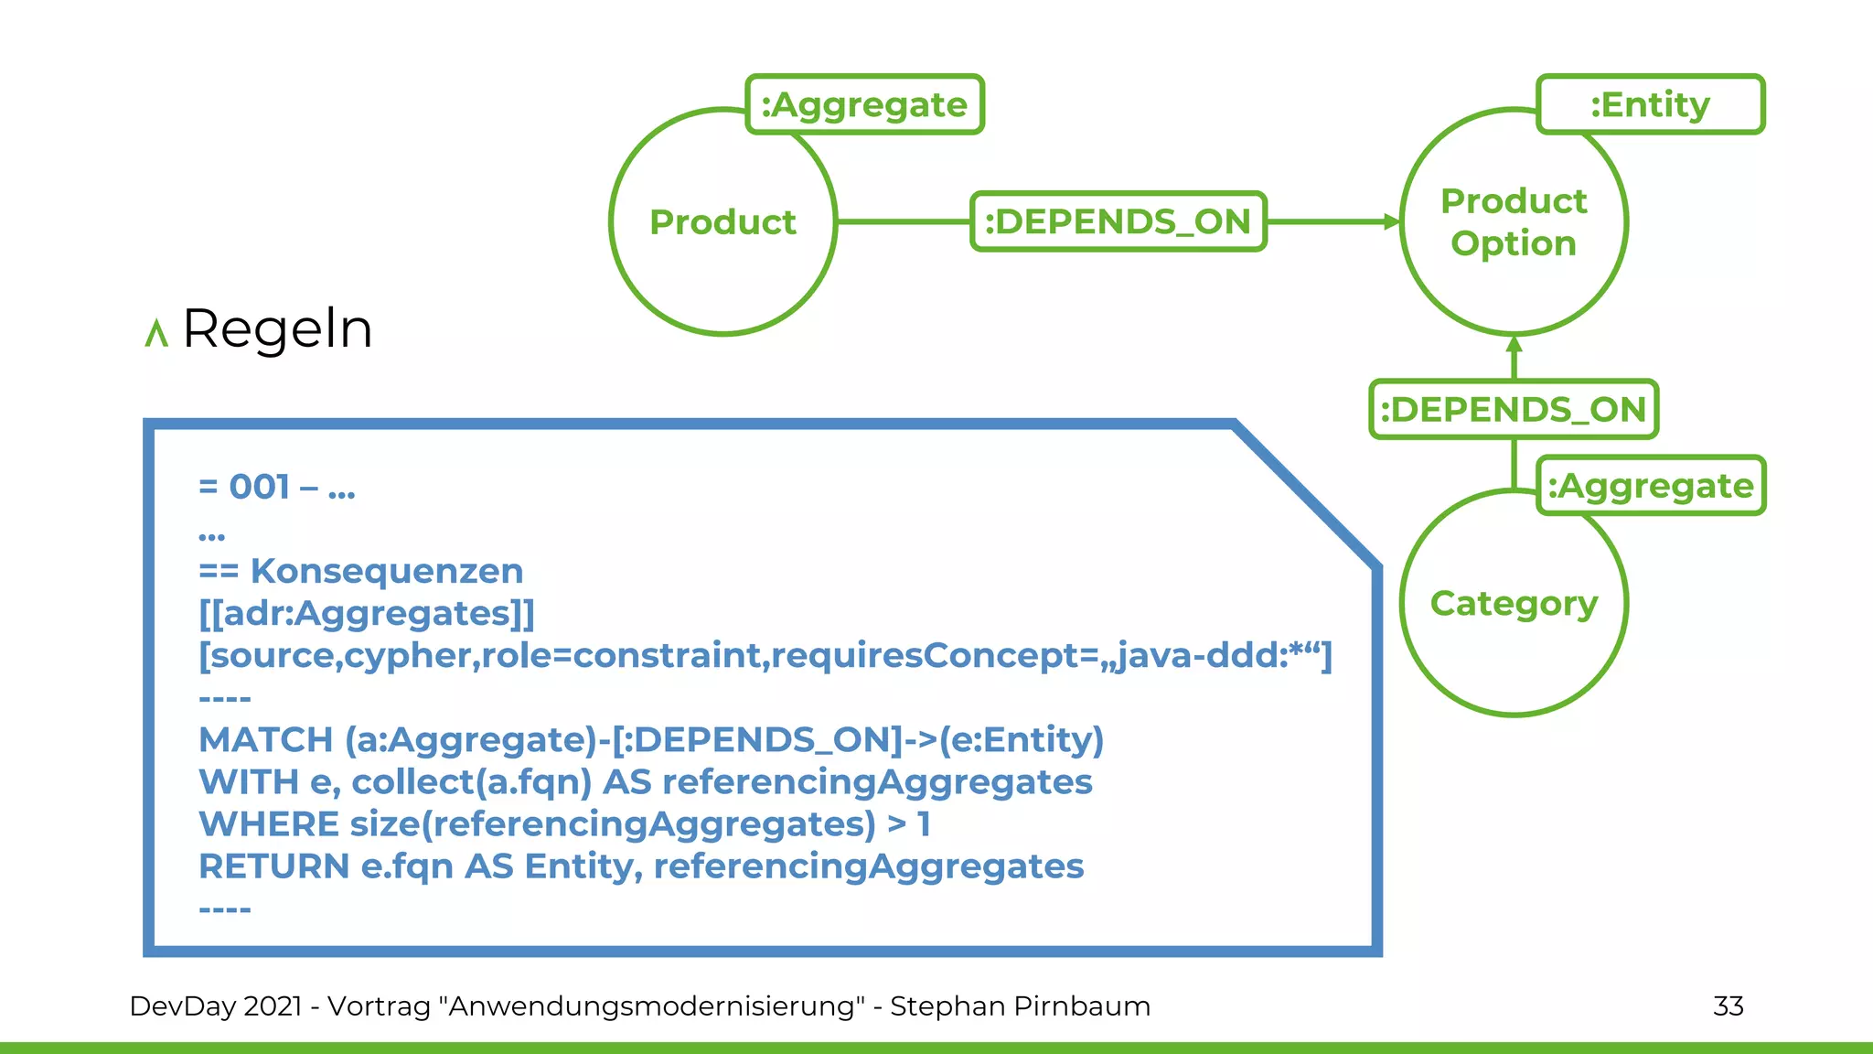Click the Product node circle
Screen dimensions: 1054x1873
tap(722, 222)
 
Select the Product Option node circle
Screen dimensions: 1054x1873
tap(1514, 222)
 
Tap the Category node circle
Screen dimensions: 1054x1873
tap(1514, 604)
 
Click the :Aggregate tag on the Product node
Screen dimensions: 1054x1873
tap(864, 104)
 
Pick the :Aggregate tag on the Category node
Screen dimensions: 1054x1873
tap(1651, 486)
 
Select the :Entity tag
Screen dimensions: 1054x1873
tap(1650, 104)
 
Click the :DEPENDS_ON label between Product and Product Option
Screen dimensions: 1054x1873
tap(1118, 221)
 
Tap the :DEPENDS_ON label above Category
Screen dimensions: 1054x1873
tap(1514, 409)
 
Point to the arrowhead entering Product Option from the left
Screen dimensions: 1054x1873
tap(1392, 221)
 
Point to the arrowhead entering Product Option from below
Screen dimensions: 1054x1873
tap(1514, 346)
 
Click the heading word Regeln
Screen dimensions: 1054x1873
tap(277, 328)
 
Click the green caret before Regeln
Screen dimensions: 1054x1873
tap(156, 333)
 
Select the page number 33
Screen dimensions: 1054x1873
tap(1728, 1006)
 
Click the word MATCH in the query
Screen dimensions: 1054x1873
tap(265, 739)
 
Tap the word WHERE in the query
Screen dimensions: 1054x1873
tap(269, 823)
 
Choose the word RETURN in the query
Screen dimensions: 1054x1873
tap(273, 866)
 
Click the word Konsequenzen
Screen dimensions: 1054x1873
tap(387, 571)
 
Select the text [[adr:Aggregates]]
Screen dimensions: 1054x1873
tap(366, 613)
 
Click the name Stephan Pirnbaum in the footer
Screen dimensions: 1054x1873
tap(1020, 1006)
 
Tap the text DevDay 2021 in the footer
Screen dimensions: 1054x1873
tap(216, 1006)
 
